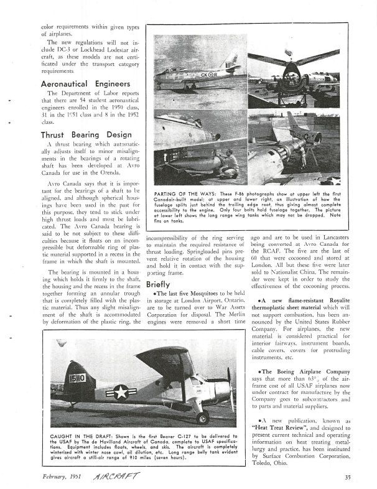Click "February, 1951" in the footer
pos(63,478)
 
